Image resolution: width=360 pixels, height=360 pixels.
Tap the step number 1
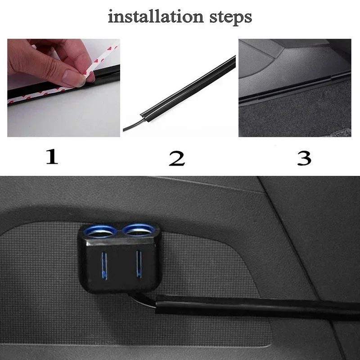52,157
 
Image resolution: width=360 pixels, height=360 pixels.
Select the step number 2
177,158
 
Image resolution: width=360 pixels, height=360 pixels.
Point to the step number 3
304,158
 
